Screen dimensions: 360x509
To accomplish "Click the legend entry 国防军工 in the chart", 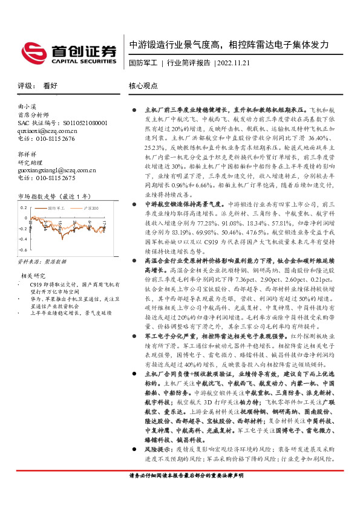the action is click(x=57, y=207).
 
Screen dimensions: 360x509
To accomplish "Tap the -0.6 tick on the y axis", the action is click(x=22, y=248).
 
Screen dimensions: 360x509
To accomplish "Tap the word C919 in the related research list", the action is click(x=36, y=284).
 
